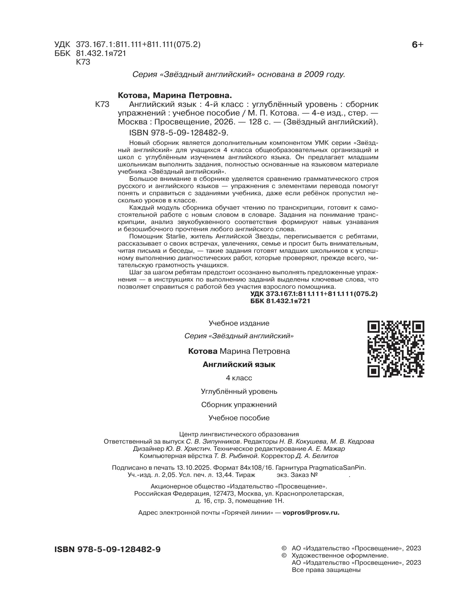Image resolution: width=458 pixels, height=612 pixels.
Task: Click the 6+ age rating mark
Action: click(x=418, y=45)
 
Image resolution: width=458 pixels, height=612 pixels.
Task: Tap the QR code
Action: click(x=396, y=349)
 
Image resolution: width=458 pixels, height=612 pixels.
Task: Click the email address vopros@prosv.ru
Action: click(x=311, y=513)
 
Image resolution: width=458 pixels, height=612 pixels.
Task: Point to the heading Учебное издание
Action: click(x=239, y=323)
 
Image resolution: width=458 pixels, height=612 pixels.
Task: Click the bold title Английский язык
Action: click(x=239, y=364)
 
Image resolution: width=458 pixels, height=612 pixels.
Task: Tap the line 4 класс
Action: click(x=239, y=378)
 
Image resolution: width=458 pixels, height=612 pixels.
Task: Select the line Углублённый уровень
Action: click(x=239, y=391)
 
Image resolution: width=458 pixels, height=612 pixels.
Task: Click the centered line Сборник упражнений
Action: click(x=239, y=404)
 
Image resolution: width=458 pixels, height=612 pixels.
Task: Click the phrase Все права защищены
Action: click(x=326, y=570)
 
